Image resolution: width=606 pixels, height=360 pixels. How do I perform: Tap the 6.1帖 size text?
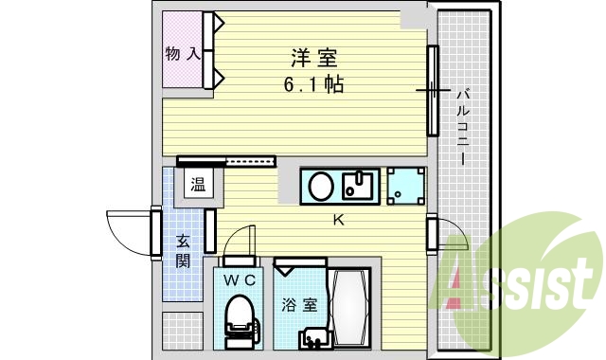coord(312,85)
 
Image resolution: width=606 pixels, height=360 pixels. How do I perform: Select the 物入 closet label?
coord(182,53)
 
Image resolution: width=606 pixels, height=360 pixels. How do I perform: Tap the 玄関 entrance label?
coord(183,250)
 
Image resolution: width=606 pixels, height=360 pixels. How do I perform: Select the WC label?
coord(238,280)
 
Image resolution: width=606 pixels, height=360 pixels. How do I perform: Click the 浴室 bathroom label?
coord(293,306)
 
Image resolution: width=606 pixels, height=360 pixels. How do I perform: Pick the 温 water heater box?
coord(199,185)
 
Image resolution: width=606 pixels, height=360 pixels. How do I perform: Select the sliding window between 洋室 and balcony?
coord(433,91)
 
